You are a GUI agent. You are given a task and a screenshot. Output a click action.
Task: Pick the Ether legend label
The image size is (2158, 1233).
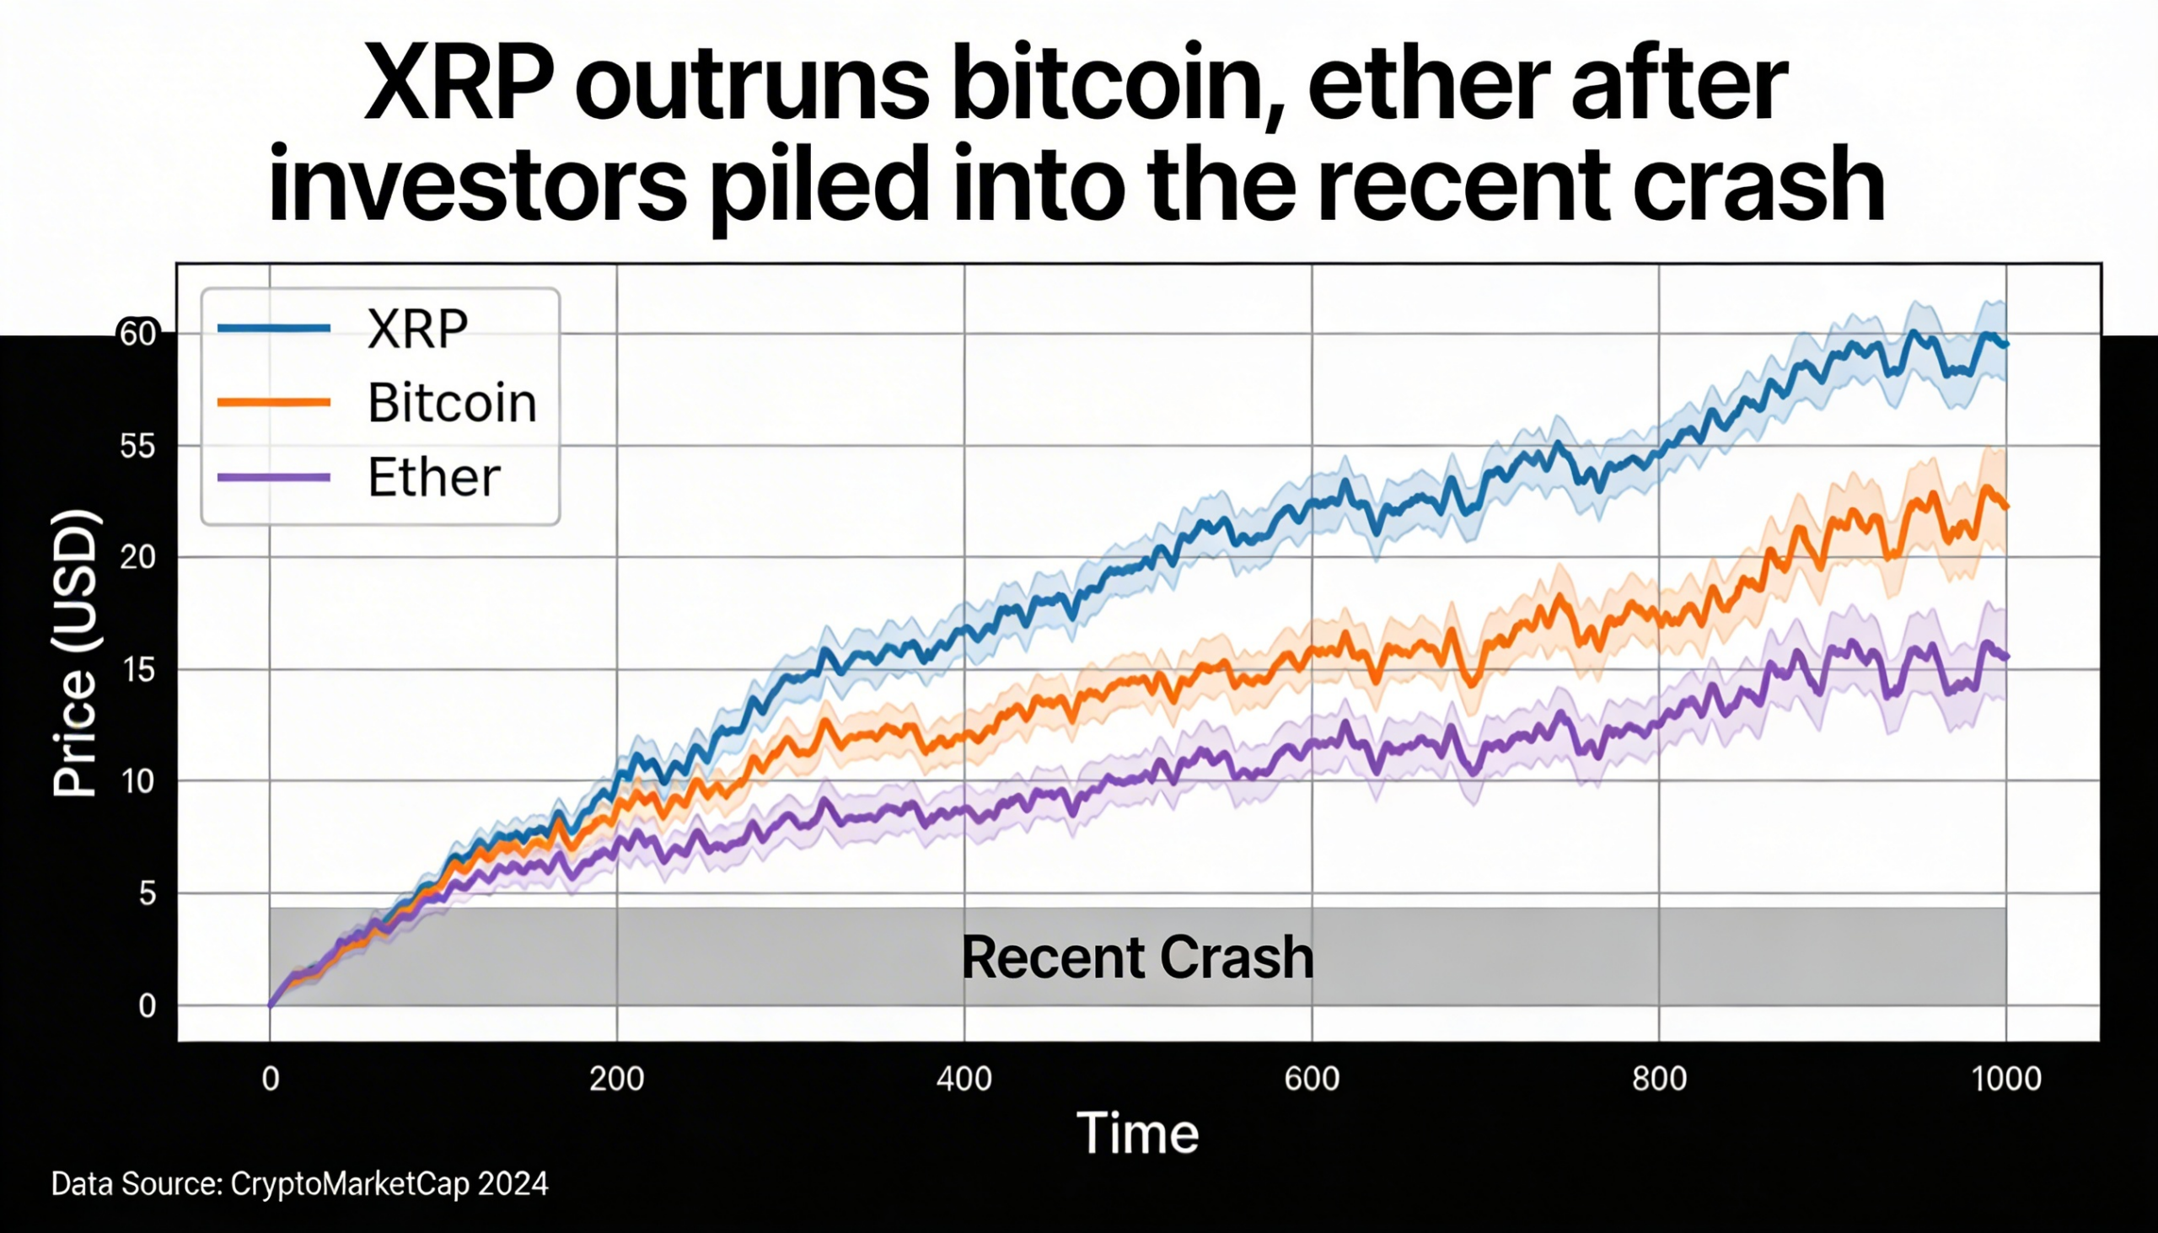[x=433, y=478]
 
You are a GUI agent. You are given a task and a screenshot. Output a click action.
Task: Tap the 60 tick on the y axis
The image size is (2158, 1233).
[x=138, y=335]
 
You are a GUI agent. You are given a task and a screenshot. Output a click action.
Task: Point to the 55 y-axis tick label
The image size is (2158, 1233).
[x=138, y=447]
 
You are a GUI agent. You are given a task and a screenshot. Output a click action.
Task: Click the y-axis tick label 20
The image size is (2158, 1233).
[x=138, y=558]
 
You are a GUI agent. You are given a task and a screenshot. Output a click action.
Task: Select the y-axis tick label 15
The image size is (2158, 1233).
[x=138, y=671]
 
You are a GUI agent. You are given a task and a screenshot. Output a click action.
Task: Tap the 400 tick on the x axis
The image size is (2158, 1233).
[x=964, y=1079]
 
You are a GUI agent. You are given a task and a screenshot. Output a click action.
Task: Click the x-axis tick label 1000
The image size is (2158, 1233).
[x=2005, y=1079]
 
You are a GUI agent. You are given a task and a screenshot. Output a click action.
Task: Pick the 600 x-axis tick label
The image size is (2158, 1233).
[x=1312, y=1079]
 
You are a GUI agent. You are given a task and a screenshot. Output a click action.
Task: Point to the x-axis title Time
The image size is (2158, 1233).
[x=1137, y=1133]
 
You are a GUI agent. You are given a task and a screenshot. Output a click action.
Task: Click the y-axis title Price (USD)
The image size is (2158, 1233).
[x=74, y=653]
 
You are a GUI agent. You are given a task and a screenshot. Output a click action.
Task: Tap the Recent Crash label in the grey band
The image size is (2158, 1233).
[x=1137, y=957]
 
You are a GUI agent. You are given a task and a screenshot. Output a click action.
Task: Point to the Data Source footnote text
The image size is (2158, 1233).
[x=299, y=1184]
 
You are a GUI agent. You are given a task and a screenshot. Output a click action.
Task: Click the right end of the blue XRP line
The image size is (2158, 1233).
[x=2005, y=345]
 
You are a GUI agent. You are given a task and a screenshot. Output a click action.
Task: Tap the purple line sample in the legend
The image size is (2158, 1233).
[x=274, y=478]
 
